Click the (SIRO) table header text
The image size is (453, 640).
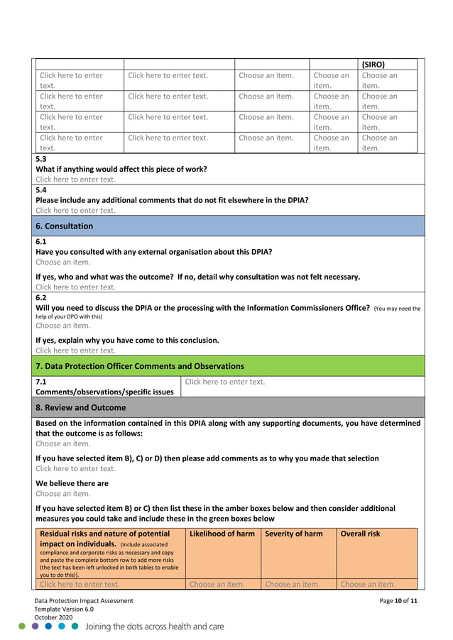(x=373, y=64)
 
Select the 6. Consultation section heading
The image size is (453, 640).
(x=65, y=226)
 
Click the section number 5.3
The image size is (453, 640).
(x=41, y=159)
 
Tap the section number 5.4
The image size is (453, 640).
(x=41, y=190)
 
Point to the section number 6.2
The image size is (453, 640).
(x=41, y=298)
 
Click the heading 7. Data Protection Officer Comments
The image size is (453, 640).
(x=140, y=366)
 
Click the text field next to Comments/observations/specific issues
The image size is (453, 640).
(x=224, y=382)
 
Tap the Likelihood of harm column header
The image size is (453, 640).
(x=222, y=534)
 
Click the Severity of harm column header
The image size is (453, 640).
(x=294, y=534)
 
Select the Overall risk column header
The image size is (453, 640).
(x=360, y=534)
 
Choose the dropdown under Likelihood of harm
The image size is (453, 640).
(x=217, y=585)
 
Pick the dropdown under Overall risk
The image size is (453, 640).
(x=368, y=585)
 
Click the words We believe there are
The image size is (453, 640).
(x=72, y=483)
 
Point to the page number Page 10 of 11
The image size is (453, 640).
(x=399, y=601)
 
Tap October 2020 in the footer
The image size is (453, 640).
(x=53, y=618)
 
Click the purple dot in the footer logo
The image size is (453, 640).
(x=36, y=627)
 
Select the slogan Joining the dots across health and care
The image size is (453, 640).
(x=155, y=627)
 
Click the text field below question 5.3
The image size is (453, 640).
(x=75, y=180)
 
